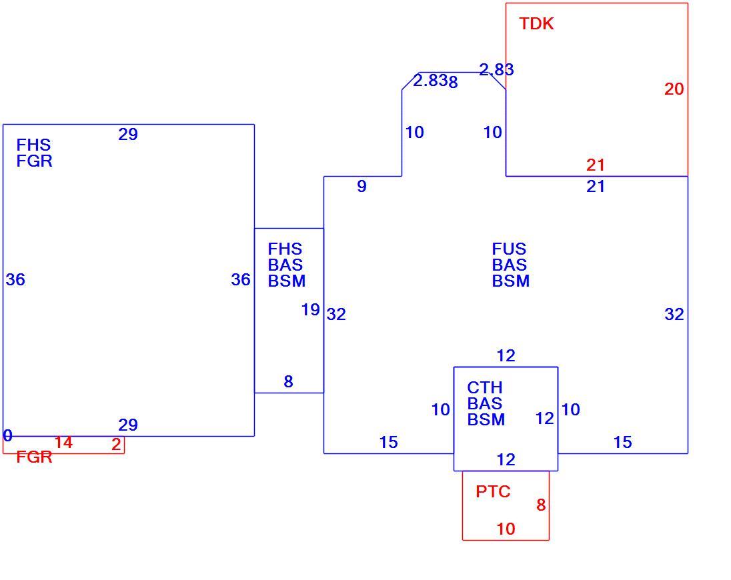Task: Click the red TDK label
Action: click(x=537, y=24)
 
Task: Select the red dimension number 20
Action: click(x=674, y=89)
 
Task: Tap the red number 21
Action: click(x=596, y=165)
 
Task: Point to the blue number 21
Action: click(x=596, y=187)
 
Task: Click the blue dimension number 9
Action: click(x=361, y=187)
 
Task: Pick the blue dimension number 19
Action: click(x=311, y=310)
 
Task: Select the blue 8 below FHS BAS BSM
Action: click(x=289, y=382)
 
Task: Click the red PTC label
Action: click(x=494, y=491)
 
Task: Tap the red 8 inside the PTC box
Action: click(x=541, y=505)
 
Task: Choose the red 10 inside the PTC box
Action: click(x=506, y=529)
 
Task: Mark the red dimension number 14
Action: click(x=63, y=443)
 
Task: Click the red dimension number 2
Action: click(x=117, y=445)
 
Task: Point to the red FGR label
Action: click(x=34, y=457)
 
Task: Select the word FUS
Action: click(x=509, y=249)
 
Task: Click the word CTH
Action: click(x=485, y=387)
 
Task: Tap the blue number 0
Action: click(x=8, y=435)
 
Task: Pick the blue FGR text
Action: click(x=34, y=161)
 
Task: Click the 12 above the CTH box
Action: click(x=506, y=356)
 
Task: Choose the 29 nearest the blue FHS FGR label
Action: click(x=128, y=135)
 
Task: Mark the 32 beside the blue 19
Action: click(x=336, y=315)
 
